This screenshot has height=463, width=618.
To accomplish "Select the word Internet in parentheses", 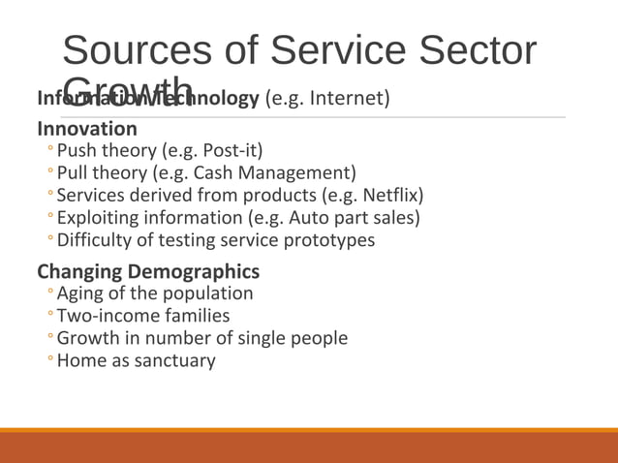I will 350,98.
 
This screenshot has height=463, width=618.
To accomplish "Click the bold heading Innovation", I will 87,128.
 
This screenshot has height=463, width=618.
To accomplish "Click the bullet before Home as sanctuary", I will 50,360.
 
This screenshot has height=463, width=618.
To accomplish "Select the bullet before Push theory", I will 50,151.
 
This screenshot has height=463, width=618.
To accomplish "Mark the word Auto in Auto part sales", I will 308,218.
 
